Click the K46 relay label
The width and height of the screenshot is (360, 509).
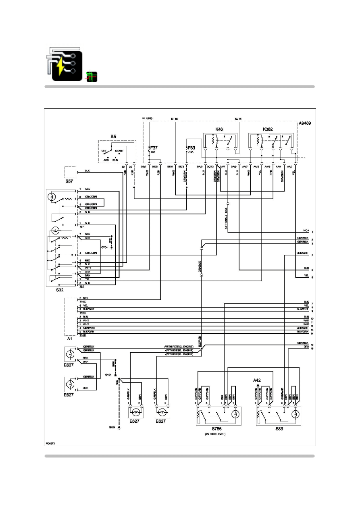[x=219, y=129]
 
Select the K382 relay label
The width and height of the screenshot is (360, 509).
[x=268, y=129]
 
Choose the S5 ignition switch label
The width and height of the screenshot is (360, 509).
[x=113, y=137]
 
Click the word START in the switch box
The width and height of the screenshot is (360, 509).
[x=119, y=151]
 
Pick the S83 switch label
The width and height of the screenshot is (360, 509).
[x=279, y=429]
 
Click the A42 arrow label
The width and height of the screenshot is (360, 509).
[x=257, y=380]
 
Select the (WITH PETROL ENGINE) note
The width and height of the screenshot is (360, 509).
[x=179, y=347]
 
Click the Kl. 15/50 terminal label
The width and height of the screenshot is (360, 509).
[x=148, y=118]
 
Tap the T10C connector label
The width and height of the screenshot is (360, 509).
[x=82, y=301]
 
